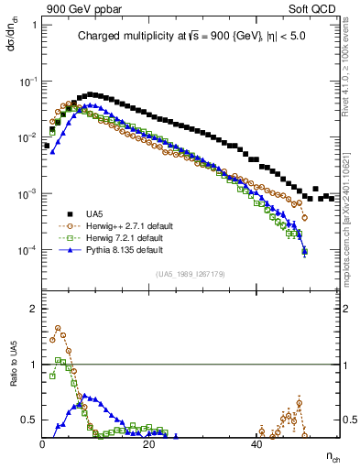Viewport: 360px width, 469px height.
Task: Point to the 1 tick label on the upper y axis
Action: click(34, 25)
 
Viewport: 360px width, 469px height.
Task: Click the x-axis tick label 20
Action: click(149, 445)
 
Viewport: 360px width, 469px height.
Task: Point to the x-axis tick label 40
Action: click(256, 445)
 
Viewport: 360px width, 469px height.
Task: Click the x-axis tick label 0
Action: click(43, 445)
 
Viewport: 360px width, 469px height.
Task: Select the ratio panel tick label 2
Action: click(35, 309)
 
